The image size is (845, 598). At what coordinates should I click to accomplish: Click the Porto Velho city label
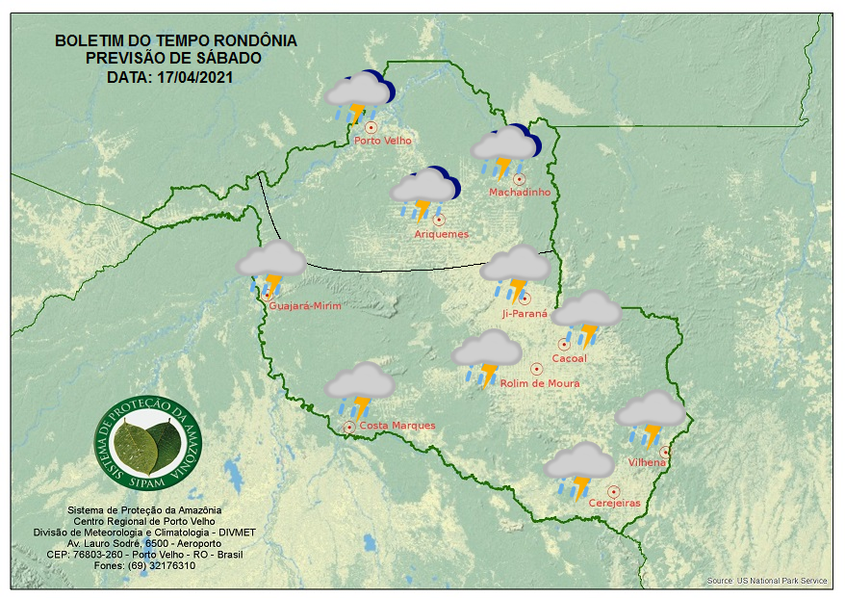point(382,141)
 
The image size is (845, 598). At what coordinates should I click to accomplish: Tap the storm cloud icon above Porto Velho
point(359,97)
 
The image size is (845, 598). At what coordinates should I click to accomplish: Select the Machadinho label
point(519,193)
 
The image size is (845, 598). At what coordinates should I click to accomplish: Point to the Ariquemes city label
point(441,234)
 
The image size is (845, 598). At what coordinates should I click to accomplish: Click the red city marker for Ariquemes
point(439,220)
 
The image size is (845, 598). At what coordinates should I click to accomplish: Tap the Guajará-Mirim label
point(305,306)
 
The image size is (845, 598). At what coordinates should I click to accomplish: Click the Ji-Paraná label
point(525,314)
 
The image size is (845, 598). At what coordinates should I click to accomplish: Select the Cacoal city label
point(569,359)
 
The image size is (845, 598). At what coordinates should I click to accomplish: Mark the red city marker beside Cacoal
point(564,345)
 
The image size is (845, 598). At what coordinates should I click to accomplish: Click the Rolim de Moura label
point(539,383)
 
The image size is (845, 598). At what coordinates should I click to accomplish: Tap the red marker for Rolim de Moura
point(536,369)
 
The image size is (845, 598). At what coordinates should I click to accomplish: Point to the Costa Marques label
point(397,426)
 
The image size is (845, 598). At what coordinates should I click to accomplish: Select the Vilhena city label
point(647,462)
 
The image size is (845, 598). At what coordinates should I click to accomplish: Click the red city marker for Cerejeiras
point(613,491)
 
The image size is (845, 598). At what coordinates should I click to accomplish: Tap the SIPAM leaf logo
point(150,440)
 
